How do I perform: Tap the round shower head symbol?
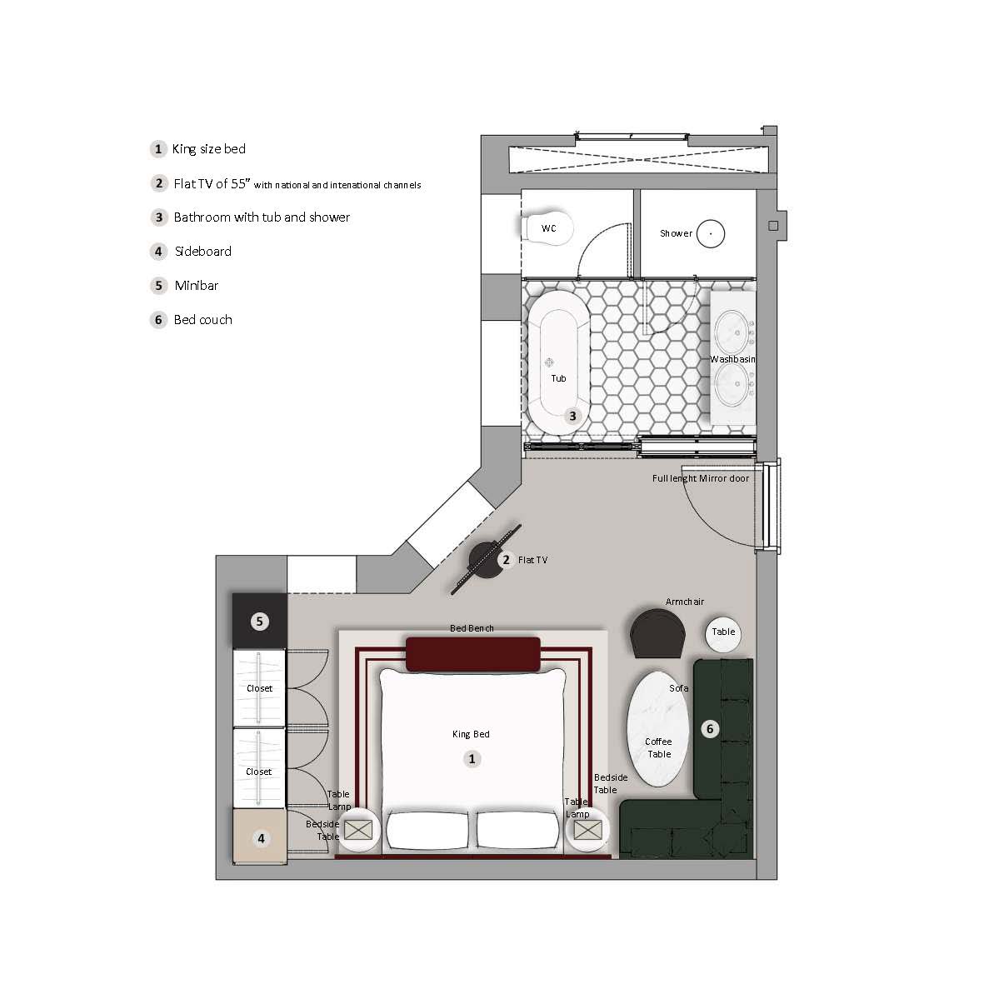(711, 233)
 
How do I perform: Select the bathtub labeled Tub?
(558, 362)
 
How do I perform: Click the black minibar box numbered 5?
(260, 622)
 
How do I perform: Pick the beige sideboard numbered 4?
(260, 837)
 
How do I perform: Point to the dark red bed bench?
(473, 654)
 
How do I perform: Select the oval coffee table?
(657, 728)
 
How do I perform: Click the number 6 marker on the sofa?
(710, 728)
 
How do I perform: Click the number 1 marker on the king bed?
(472, 759)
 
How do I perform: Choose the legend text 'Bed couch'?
(202, 320)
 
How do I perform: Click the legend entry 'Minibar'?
(197, 286)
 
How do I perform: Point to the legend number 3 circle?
(159, 217)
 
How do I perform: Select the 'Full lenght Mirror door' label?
(701, 478)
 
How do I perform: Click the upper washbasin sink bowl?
(732, 332)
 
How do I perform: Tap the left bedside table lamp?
(358, 830)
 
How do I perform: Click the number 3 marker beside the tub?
(572, 416)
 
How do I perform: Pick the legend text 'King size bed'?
(209, 149)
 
